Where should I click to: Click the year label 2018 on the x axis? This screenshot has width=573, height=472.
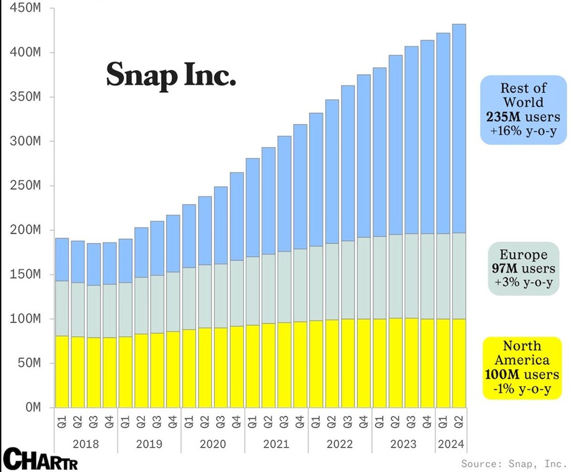point(86,444)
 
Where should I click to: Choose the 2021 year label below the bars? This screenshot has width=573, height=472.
point(276,444)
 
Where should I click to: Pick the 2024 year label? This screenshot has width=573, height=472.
point(451,444)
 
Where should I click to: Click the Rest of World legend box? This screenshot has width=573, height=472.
point(523,110)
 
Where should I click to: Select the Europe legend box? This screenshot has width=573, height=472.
point(523,268)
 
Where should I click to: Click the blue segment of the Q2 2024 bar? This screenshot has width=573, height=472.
point(459,129)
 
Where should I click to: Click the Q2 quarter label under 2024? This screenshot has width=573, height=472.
point(459,422)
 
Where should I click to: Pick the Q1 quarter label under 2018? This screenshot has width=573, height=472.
point(62,422)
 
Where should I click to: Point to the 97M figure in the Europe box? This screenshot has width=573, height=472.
point(502,269)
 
